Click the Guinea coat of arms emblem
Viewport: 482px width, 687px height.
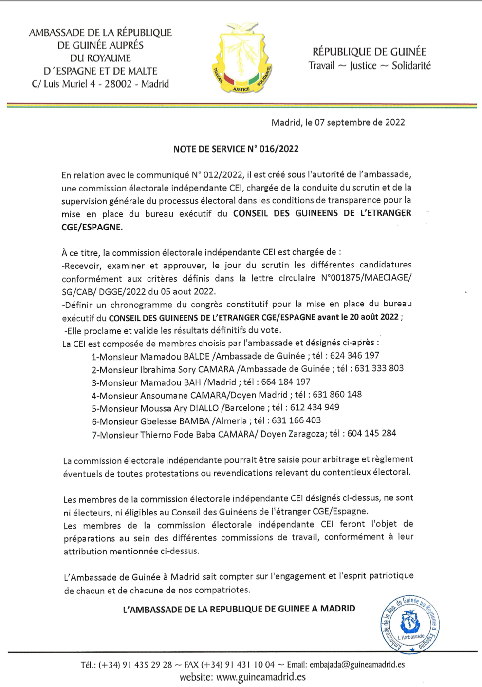pyautogui.click(x=241, y=57)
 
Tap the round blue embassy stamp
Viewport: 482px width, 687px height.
pyautogui.click(x=410, y=624)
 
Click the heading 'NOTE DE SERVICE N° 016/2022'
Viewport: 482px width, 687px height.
pyautogui.click(x=236, y=149)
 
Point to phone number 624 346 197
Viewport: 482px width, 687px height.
pyautogui.click(x=354, y=356)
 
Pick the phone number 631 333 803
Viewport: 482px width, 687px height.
pyautogui.click(x=379, y=368)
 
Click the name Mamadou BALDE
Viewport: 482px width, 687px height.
pyautogui.click(x=175, y=356)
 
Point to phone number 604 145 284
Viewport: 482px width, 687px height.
pyautogui.click(x=371, y=433)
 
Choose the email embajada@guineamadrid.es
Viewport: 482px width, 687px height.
pyautogui.click(x=357, y=664)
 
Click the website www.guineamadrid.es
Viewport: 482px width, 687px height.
pyautogui.click(x=261, y=677)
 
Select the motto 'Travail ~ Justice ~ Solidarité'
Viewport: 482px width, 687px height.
pyautogui.click(x=370, y=66)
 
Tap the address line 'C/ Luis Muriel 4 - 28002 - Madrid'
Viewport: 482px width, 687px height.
pyautogui.click(x=100, y=84)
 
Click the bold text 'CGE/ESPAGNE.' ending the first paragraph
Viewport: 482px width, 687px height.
pyautogui.click(x=92, y=227)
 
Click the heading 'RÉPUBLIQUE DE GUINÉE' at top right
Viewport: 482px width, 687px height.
pyautogui.click(x=369, y=52)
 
